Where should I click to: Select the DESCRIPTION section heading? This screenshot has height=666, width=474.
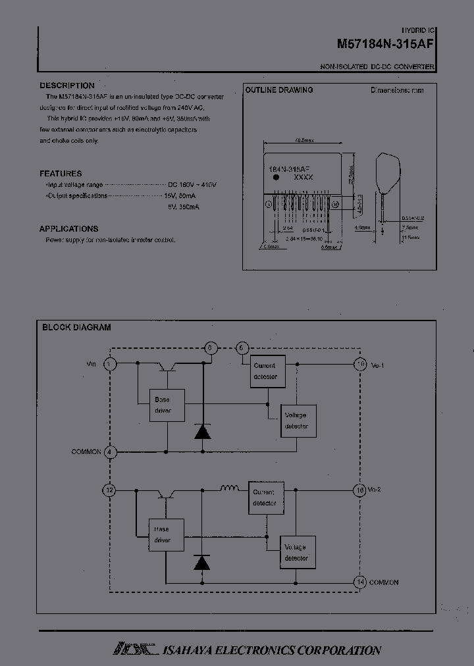point(66,86)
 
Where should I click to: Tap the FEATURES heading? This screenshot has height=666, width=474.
point(61,174)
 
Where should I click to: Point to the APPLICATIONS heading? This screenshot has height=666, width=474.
point(68,229)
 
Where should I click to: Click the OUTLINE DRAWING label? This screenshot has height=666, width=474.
point(278,90)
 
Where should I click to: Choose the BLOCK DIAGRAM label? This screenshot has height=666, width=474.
point(76,327)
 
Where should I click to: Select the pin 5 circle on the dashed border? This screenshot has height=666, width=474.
point(210,348)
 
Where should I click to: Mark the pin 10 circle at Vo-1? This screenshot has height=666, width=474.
point(360,363)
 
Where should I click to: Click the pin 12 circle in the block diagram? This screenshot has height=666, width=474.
point(110,490)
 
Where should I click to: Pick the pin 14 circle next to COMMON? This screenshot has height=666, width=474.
point(360,582)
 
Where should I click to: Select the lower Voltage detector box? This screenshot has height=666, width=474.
point(297,552)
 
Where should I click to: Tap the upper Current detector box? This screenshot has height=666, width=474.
point(265,371)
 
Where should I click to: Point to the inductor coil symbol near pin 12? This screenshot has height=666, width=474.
point(229,488)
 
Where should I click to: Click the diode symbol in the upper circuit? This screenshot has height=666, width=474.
point(202,432)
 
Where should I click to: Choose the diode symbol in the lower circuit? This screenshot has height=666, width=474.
point(202,562)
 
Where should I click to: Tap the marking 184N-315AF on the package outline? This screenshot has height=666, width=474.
point(290,168)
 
